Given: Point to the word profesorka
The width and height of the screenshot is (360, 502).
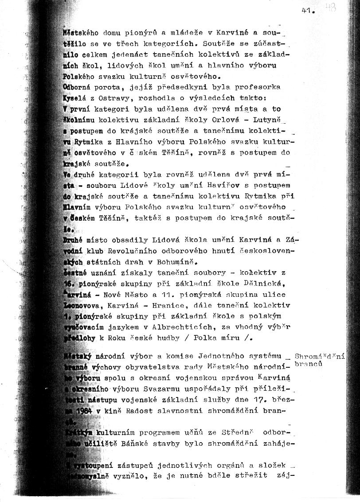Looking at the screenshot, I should (x=261, y=87).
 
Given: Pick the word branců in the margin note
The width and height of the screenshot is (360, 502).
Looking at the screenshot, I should (x=310, y=362).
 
